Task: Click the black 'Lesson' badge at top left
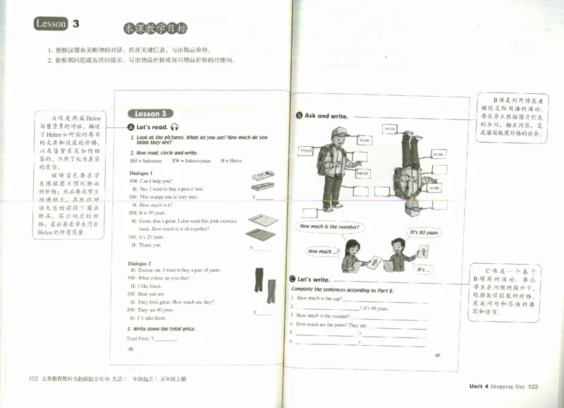(51, 24)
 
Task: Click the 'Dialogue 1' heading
(142, 173)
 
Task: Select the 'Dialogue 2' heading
(142, 263)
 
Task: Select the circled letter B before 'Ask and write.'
(300, 116)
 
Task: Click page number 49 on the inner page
(437, 354)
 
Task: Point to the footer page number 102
(33, 379)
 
